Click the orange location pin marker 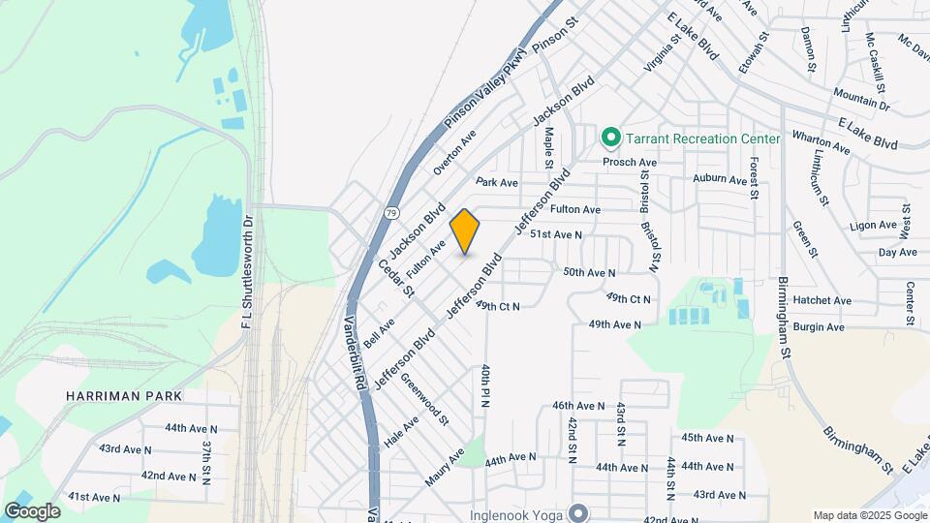(465, 231)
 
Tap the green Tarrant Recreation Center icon (610, 138)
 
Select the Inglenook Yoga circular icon (579, 512)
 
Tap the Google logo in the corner (32, 510)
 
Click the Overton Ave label (455, 151)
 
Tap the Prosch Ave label (630, 163)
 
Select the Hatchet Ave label (822, 301)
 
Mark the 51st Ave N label (554, 234)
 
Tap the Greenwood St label (425, 400)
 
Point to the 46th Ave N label (578, 406)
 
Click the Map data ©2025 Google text (868, 515)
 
